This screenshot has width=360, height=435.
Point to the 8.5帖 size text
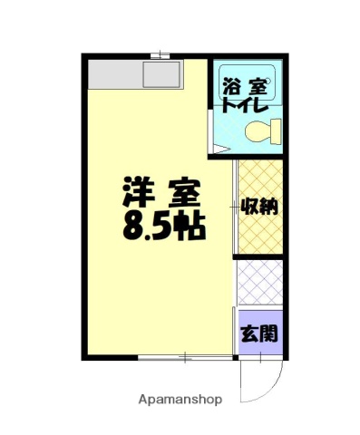pyautogui.click(x=164, y=225)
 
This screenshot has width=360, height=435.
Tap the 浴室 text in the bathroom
pyautogui.click(x=247, y=89)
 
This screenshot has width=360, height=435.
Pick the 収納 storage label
pyautogui.click(x=258, y=207)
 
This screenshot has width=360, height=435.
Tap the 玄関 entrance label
pyautogui.click(x=258, y=333)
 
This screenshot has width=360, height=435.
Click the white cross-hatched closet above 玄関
pyautogui.click(x=259, y=281)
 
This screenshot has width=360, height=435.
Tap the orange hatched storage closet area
pyautogui.click(x=259, y=231)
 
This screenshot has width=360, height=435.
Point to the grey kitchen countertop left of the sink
pyautogui.click(x=114, y=73)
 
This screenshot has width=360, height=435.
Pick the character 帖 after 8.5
pyautogui.click(x=191, y=225)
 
